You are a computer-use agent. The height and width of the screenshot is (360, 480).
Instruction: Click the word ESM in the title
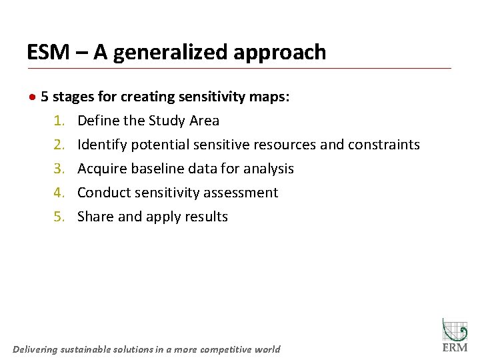click(49, 52)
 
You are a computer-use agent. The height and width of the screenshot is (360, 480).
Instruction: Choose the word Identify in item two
click(102, 145)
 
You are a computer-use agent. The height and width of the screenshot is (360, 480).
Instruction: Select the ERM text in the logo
click(455, 347)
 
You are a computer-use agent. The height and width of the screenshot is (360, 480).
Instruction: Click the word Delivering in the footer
click(35, 349)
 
